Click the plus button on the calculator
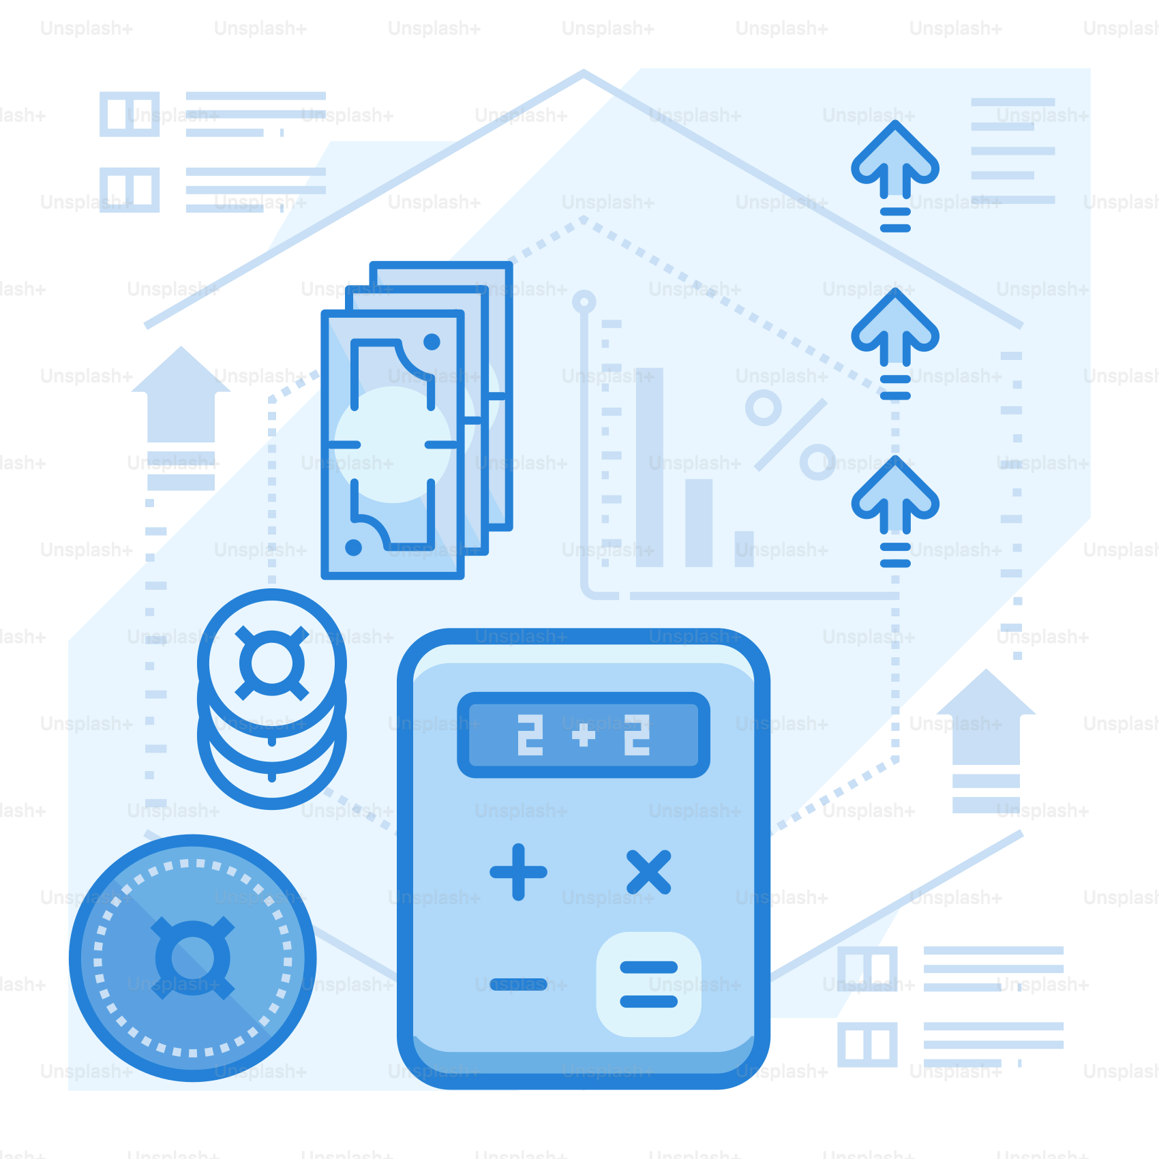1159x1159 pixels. coord(518,872)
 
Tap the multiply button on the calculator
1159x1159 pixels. coord(648,872)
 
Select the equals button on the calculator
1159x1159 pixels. coord(648,984)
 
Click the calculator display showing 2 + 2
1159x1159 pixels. coord(584,735)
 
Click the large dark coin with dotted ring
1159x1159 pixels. coord(193,958)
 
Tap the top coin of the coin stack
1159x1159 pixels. coord(272,663)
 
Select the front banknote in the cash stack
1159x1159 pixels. coord(393,445)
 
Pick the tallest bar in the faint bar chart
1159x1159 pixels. coord(650,468)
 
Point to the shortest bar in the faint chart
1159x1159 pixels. coord(744,549)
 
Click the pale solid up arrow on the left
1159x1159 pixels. coord(181,418)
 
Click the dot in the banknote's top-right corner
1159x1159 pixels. coord(432,342)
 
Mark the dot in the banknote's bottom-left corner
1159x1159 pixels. coord(353,547)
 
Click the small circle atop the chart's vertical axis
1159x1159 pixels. coord(584,301)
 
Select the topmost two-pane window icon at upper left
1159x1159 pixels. coord(130,114)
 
